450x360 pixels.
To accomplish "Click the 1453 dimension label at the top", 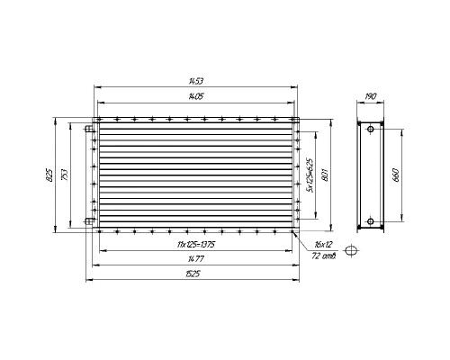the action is pyautogui.click(x=196, y=81).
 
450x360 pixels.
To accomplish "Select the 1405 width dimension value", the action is pyautogui.click(x=196, y=96).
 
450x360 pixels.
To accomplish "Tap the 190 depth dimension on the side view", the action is pyautogui.click(x=371, y=96).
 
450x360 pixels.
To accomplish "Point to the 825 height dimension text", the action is pyautogui.click(x=49, y=175).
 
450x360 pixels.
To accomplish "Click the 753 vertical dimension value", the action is pyautogui.click(x=65, y=175).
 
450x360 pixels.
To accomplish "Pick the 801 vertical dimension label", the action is pyautogui.click(x=325, y=175).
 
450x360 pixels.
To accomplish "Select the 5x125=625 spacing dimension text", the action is pyautogui.click(x=310, y=175).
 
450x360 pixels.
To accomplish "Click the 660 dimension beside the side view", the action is pyautogui.click(x=395, y=175).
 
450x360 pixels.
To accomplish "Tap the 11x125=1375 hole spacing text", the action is pyautogui.click(x=196, y=245).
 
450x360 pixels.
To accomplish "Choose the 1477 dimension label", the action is pyautogui.click(x=196, y=258).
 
